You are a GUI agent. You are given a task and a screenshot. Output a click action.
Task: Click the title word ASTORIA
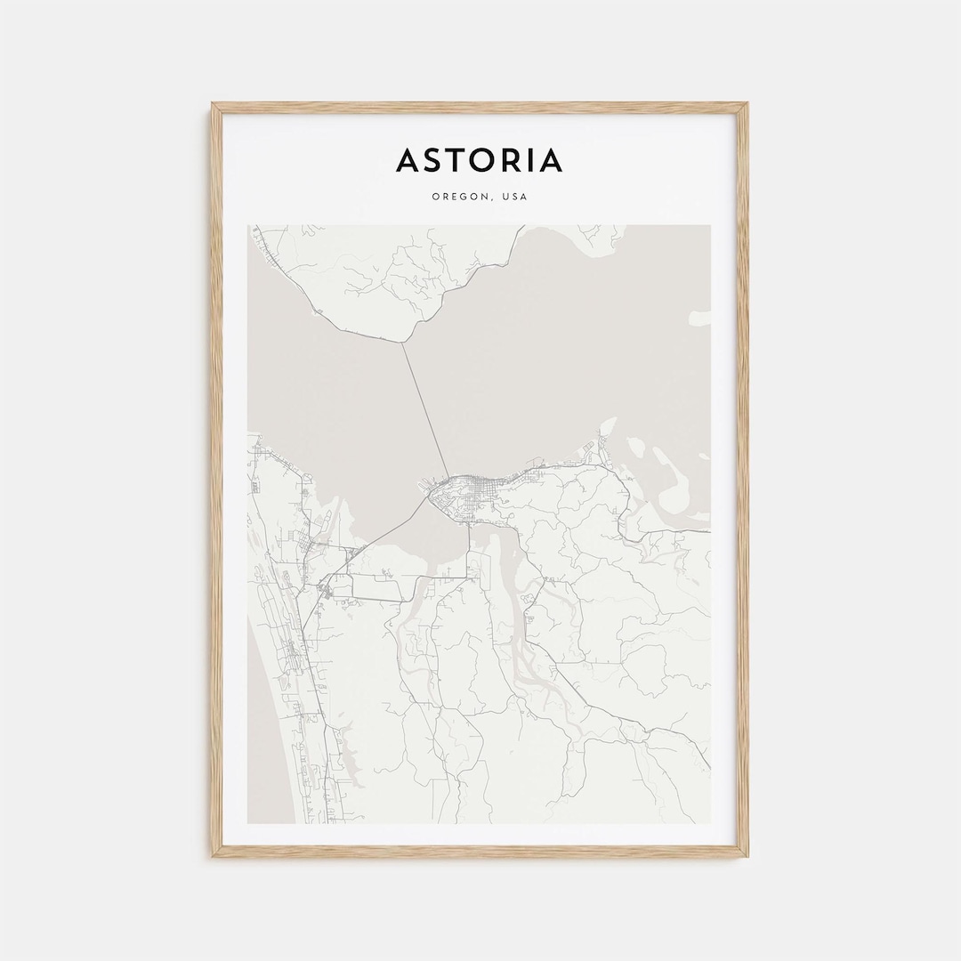[480, 160]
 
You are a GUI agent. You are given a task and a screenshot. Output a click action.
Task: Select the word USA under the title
[514, 197]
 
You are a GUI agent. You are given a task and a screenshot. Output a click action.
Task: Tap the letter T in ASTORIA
[455, 160]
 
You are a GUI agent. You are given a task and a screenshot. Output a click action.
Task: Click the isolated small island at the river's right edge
[701, 317]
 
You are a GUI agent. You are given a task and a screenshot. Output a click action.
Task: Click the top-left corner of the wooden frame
[213, 104]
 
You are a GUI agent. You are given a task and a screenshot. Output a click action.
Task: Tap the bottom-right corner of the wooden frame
[747, 856]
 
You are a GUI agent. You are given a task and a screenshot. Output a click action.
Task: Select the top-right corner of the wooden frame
[747, 104]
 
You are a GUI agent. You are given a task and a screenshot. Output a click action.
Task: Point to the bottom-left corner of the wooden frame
[213, 856]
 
